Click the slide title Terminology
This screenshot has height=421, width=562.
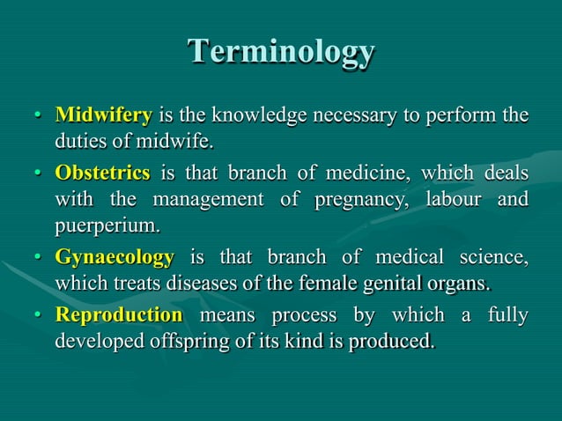pos(281,52)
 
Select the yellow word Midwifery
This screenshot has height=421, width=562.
pos(104,115)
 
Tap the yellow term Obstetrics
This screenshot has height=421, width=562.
pos(102,172)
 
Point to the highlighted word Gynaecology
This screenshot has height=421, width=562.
pos(115,258)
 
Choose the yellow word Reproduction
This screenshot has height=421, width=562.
pos(119,314)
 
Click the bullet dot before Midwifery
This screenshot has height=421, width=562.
pos(38,116)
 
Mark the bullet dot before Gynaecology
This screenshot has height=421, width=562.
pos(38,259)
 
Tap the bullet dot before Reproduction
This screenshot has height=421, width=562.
pos(38,315)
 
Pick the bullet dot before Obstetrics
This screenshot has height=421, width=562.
pos(38,173)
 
